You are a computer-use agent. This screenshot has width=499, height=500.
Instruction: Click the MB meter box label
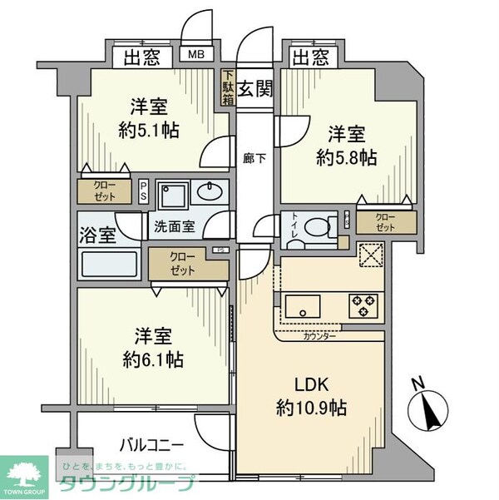click(197, 57)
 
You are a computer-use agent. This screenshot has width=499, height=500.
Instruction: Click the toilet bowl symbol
click(316, 225)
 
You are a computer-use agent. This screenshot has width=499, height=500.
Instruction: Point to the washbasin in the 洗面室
click(210, 193)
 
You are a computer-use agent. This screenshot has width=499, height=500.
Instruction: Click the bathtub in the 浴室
click(111, 265)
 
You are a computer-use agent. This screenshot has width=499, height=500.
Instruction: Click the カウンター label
click(319, 336)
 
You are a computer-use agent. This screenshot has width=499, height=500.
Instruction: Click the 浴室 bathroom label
click(97, 235)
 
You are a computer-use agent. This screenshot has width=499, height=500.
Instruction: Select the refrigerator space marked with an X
click(369, 254)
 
